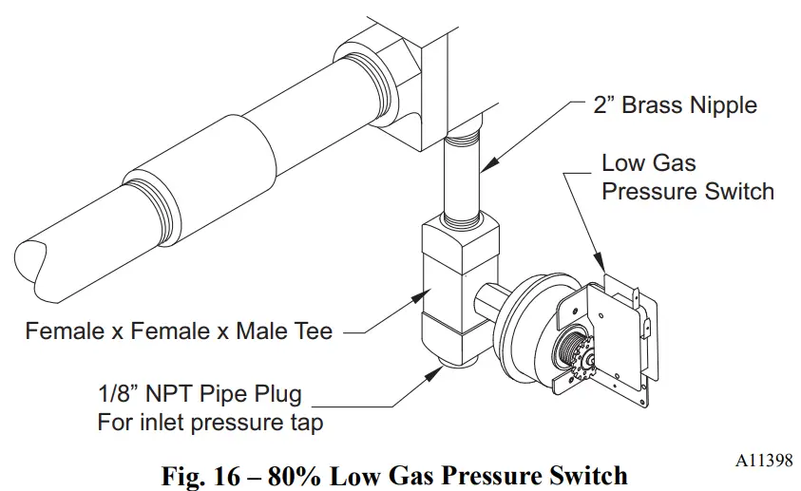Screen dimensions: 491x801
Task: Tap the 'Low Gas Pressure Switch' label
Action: pos(688,177)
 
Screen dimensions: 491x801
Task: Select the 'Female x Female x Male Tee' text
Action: pos(180,331)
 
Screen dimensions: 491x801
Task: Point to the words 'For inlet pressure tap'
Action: pos(209,422)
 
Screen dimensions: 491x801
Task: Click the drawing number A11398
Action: pos(763,461)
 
